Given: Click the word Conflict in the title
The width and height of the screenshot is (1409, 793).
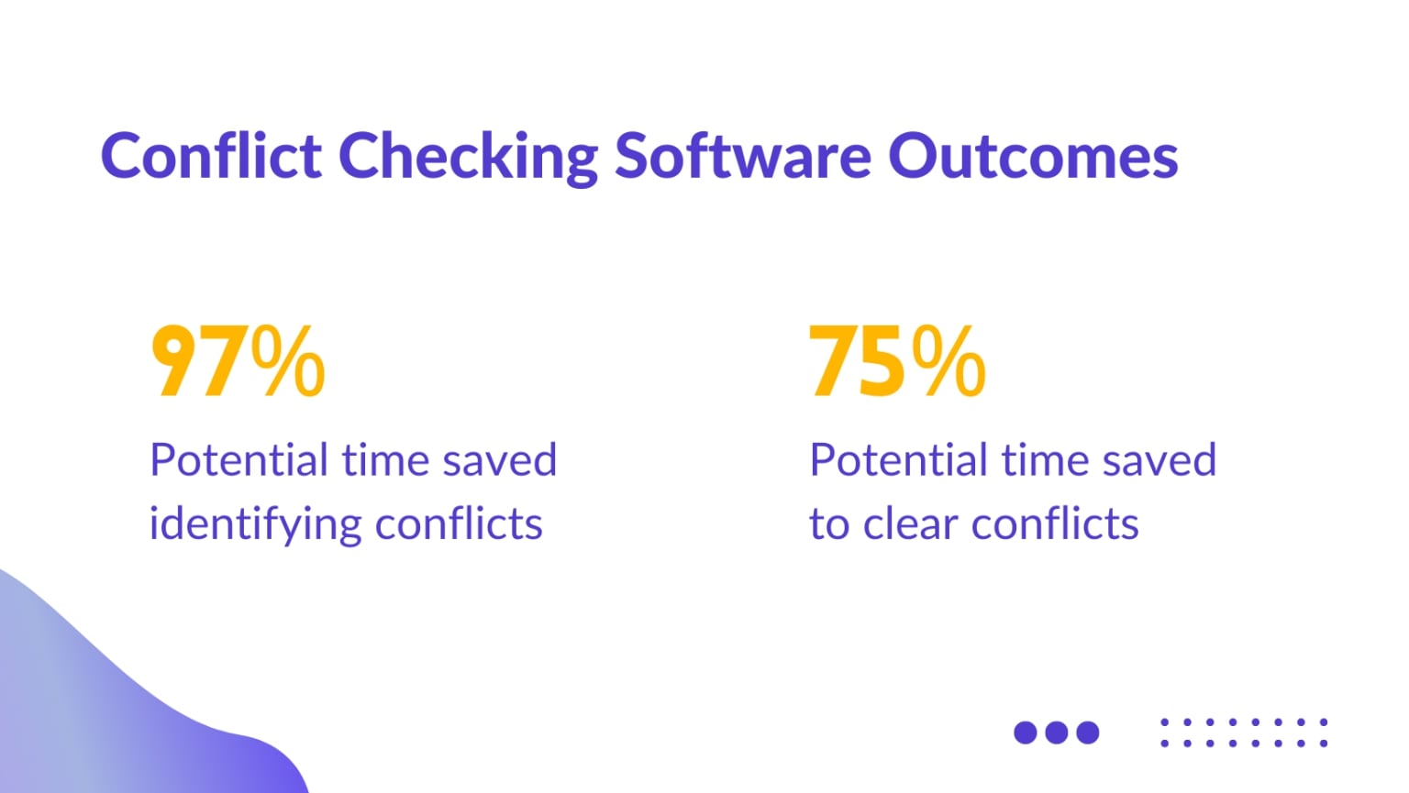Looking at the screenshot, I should click(210, 156).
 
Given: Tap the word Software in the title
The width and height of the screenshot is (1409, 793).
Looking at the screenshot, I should click(742, 156).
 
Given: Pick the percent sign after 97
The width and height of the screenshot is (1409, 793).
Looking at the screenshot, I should click(288, 362).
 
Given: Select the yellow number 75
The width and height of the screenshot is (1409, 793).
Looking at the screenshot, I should click(857, 362).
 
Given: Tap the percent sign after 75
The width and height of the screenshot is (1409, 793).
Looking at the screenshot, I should click(949, 362).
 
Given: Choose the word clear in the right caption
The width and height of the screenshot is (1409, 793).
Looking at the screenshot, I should click(909, 524).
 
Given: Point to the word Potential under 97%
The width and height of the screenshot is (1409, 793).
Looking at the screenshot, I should click(239, 460).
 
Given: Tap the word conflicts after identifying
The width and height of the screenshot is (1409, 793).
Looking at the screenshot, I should click(459, 524).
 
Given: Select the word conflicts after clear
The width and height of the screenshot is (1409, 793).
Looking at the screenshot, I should click(1055, 524).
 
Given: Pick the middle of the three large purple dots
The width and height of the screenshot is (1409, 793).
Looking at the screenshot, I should click(1057, 732).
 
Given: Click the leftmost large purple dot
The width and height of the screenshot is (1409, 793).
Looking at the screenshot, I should click(1026, 732).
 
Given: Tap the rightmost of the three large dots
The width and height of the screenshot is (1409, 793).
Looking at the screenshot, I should click(1088, 732).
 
